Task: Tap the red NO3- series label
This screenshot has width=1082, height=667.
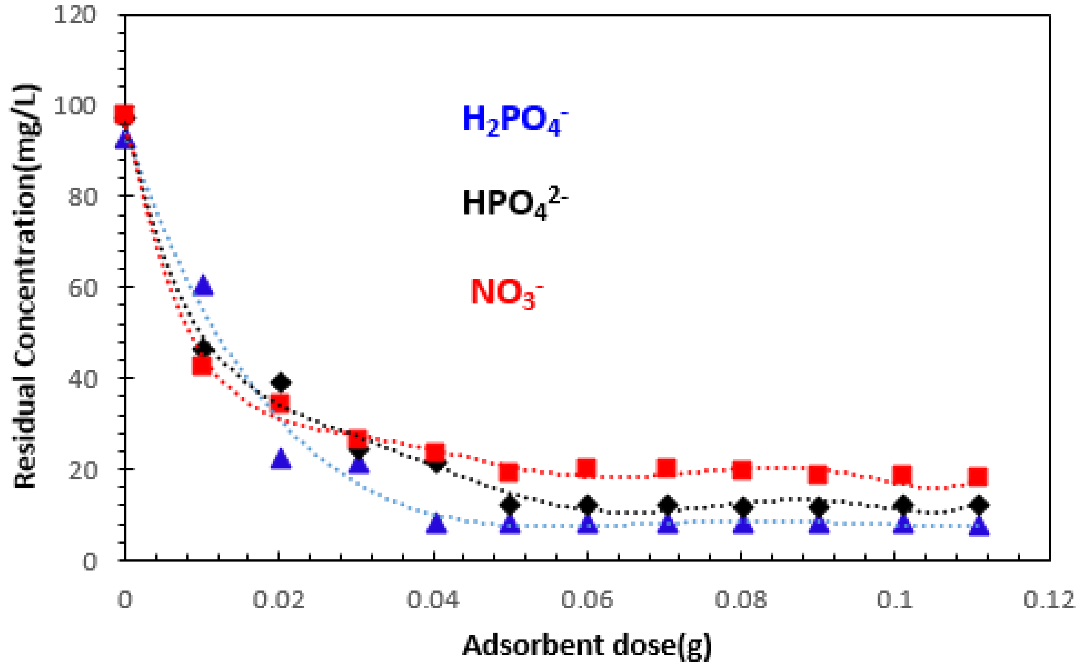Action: (x=506, y=292)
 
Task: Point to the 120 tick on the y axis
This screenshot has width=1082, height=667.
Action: (x=75, y=16)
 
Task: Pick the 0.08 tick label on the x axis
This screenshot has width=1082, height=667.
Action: (x=741, y=600)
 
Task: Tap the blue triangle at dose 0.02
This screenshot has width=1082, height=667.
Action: (x=281, y=459)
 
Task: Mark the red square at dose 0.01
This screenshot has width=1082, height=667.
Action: (x=202, y=365)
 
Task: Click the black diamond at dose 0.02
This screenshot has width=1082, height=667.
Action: (x=281, y=382)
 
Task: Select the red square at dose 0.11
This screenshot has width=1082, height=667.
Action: (x=977, y=477)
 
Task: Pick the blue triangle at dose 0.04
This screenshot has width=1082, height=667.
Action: (x=437, y=524)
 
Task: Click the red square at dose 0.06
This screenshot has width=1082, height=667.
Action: (x=587, y=468)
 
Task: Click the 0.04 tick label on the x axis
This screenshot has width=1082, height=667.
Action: (x=432, y=600)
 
